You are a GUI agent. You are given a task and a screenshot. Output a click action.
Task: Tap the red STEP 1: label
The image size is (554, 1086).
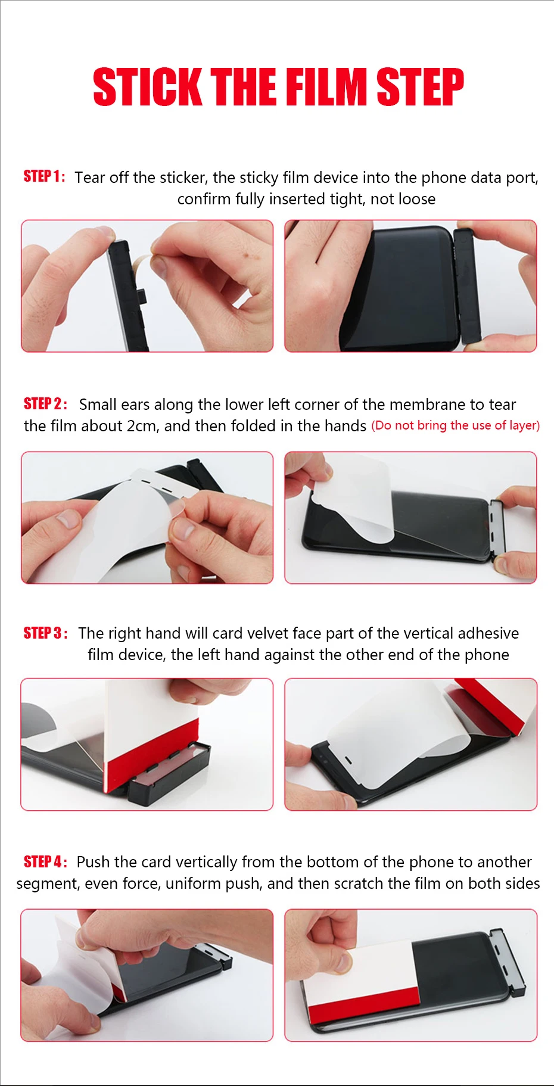click(44, 176)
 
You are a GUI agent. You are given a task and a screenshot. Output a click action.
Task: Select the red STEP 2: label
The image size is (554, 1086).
click(45, 404)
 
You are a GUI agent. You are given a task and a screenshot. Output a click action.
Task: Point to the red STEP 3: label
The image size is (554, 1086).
click(45, 633)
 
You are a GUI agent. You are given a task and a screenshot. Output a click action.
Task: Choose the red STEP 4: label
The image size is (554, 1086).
click(45, 861)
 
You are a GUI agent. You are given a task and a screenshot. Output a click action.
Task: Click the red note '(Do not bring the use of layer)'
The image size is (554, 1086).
click(456, 425)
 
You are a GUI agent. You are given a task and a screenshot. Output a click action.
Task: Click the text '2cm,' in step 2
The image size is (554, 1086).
click(142, 426)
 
